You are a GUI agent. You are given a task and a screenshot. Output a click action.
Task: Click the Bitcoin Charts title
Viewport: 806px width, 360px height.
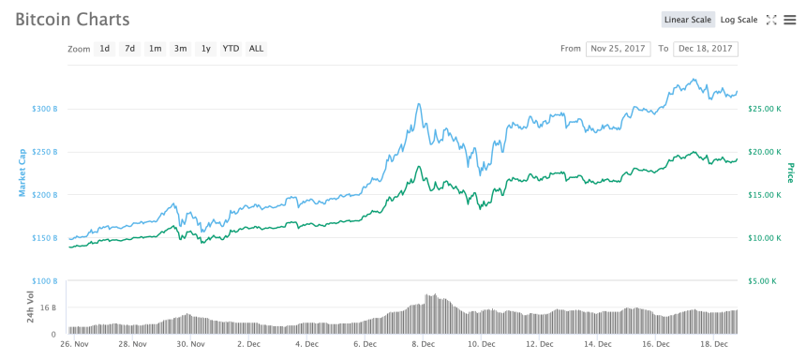coord(72,20)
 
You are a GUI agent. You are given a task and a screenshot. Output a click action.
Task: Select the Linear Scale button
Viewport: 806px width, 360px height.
coord(688,20)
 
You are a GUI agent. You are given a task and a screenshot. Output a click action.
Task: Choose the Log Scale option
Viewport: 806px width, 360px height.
coord(739,20)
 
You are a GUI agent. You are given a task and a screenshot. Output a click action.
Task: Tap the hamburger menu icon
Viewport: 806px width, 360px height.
coord(790,20)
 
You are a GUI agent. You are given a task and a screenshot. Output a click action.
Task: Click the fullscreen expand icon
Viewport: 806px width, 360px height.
coord(771,20)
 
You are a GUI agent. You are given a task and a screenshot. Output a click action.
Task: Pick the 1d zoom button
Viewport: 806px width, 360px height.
coord(105,49)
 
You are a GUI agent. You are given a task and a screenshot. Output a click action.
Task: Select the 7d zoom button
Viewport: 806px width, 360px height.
coord(130,49)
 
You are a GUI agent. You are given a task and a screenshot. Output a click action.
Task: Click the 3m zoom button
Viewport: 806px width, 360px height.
coord(180,49)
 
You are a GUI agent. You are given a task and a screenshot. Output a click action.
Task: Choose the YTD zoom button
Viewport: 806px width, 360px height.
coord(231,49)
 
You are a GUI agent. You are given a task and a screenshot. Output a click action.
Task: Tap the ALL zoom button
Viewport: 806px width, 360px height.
coord(256,49)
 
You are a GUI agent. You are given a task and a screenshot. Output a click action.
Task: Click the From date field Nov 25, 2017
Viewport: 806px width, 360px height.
coord(618,49)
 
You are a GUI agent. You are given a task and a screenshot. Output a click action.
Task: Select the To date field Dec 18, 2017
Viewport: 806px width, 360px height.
coord(706,49)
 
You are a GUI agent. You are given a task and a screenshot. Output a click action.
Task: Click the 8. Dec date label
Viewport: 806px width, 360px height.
coord(424,344)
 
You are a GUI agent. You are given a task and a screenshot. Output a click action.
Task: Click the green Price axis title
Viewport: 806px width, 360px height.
coord(790,172)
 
